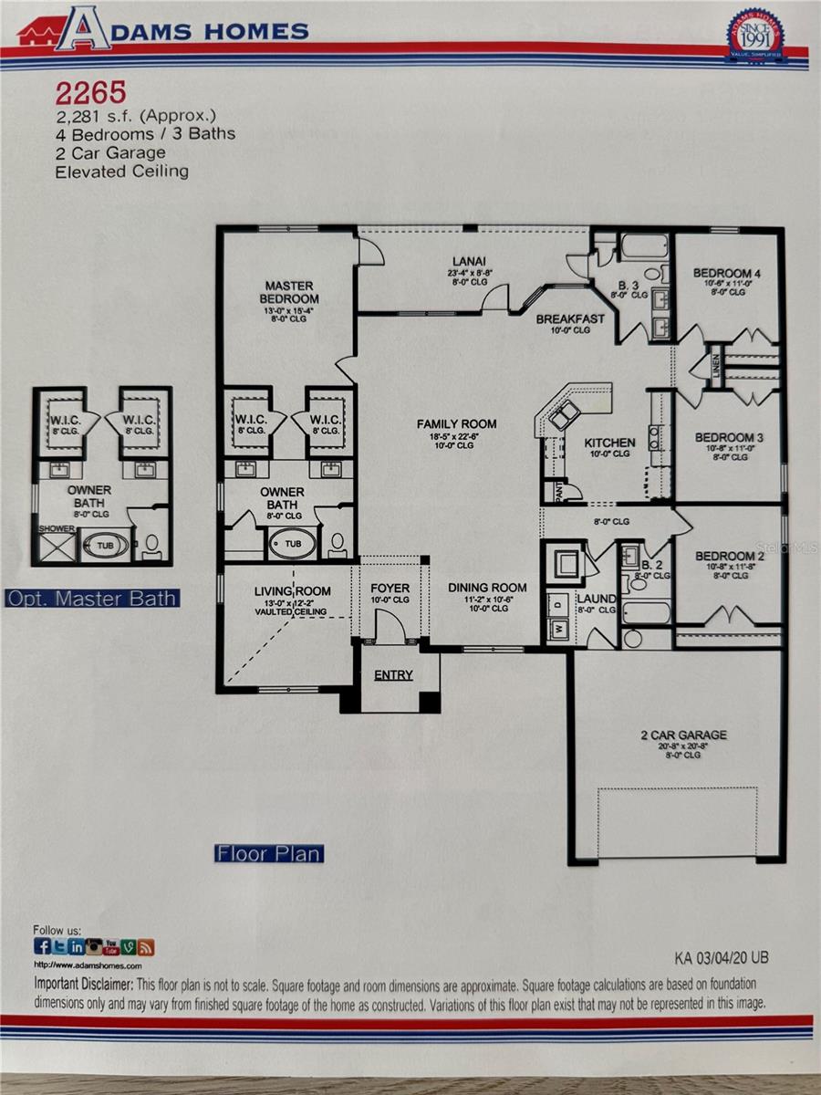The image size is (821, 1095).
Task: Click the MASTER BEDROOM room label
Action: pos(289,292)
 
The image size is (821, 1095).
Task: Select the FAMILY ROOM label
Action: pos(456,423)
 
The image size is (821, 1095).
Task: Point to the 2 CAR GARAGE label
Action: pos(682,735)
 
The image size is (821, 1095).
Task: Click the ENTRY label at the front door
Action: pos(393,675)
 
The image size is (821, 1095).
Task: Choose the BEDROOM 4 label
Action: pos(727,273)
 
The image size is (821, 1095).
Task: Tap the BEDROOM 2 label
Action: pos(729,557)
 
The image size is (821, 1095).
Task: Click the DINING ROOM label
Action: pos(488,588)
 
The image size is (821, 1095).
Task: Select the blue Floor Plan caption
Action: pos(268,854)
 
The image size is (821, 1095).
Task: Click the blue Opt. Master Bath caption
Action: pos(92,599)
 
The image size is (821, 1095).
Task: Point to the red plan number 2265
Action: pos(90,92)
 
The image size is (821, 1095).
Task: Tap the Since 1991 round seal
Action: pos(755,36)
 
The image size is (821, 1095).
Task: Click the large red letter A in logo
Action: pos(81,29)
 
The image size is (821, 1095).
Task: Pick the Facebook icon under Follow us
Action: pos(42,946)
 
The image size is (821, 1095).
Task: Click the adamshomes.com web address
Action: pos(88,965)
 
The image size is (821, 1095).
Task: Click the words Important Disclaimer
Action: pos(83,985)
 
